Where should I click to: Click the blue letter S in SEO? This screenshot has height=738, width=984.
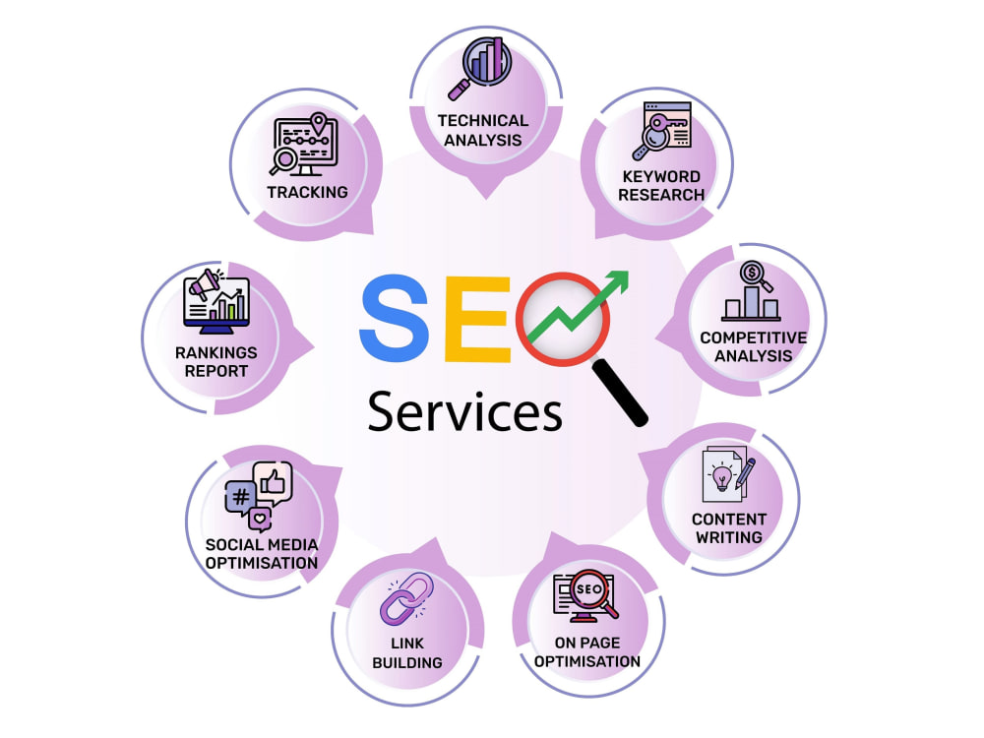coord(395,319)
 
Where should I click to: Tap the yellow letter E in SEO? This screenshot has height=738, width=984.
coord(477,320)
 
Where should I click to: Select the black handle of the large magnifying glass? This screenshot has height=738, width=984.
coord(620,393)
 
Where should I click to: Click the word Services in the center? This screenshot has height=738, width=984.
coord(465,411)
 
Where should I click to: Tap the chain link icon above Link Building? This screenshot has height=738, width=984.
coord(406,598)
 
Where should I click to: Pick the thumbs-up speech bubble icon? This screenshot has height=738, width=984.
coord(273,483)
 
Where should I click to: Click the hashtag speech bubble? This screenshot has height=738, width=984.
coord(240,499)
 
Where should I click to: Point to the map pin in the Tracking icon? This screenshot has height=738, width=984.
coord(319,124)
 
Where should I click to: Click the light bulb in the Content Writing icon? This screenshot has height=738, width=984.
coord(722,477)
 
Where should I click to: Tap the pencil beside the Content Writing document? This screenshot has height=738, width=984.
coord(746,472)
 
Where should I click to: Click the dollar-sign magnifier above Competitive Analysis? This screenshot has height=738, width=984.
coord(755,277)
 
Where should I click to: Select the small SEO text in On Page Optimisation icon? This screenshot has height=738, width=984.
coord(588,589)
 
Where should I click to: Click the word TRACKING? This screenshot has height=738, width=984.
coord(307,192)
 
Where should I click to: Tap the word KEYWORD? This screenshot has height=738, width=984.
coord(661,176)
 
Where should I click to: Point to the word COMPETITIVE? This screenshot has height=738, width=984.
coord(754,338)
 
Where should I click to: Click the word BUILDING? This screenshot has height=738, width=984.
coord(407,662)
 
